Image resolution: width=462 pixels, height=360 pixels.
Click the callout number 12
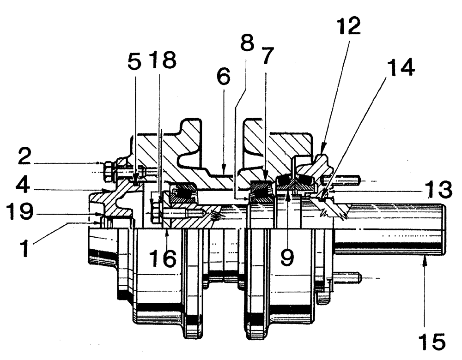(x=348, y=29)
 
